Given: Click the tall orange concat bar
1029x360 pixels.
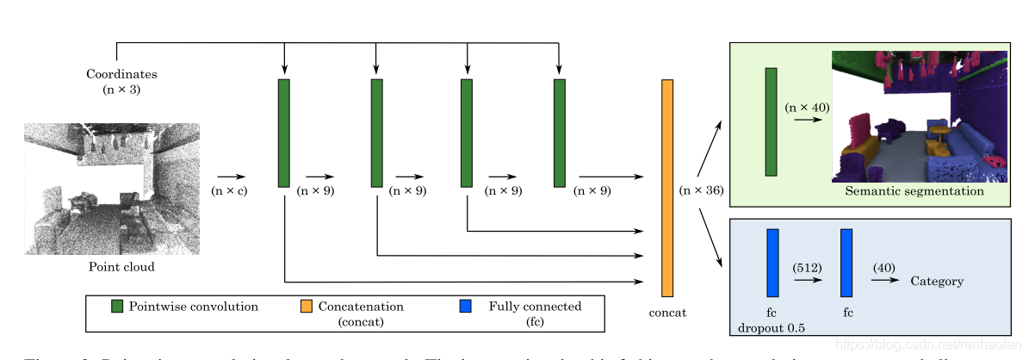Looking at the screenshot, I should point(666,188).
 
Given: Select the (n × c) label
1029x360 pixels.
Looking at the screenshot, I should point(230,190).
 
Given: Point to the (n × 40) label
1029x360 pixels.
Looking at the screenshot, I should point(806,108).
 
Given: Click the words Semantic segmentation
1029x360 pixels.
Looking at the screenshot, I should point(914,191).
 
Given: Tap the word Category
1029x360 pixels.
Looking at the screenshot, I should point(937,281).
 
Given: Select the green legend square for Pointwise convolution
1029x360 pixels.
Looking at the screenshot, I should point(117,307).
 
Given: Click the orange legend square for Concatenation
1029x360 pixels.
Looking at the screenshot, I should point(307,307).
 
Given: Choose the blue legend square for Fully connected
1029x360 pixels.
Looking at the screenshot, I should point(466,307).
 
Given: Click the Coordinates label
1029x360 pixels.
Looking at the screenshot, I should point(121,74).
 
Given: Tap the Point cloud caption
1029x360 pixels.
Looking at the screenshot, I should point(121,267).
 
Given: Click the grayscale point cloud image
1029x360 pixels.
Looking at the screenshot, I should point(112,189).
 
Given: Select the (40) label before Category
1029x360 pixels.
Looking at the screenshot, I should point(884,268).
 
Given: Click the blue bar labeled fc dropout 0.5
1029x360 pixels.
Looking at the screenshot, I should point(772,263).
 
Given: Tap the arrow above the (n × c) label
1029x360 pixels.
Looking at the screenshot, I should point(230,177).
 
